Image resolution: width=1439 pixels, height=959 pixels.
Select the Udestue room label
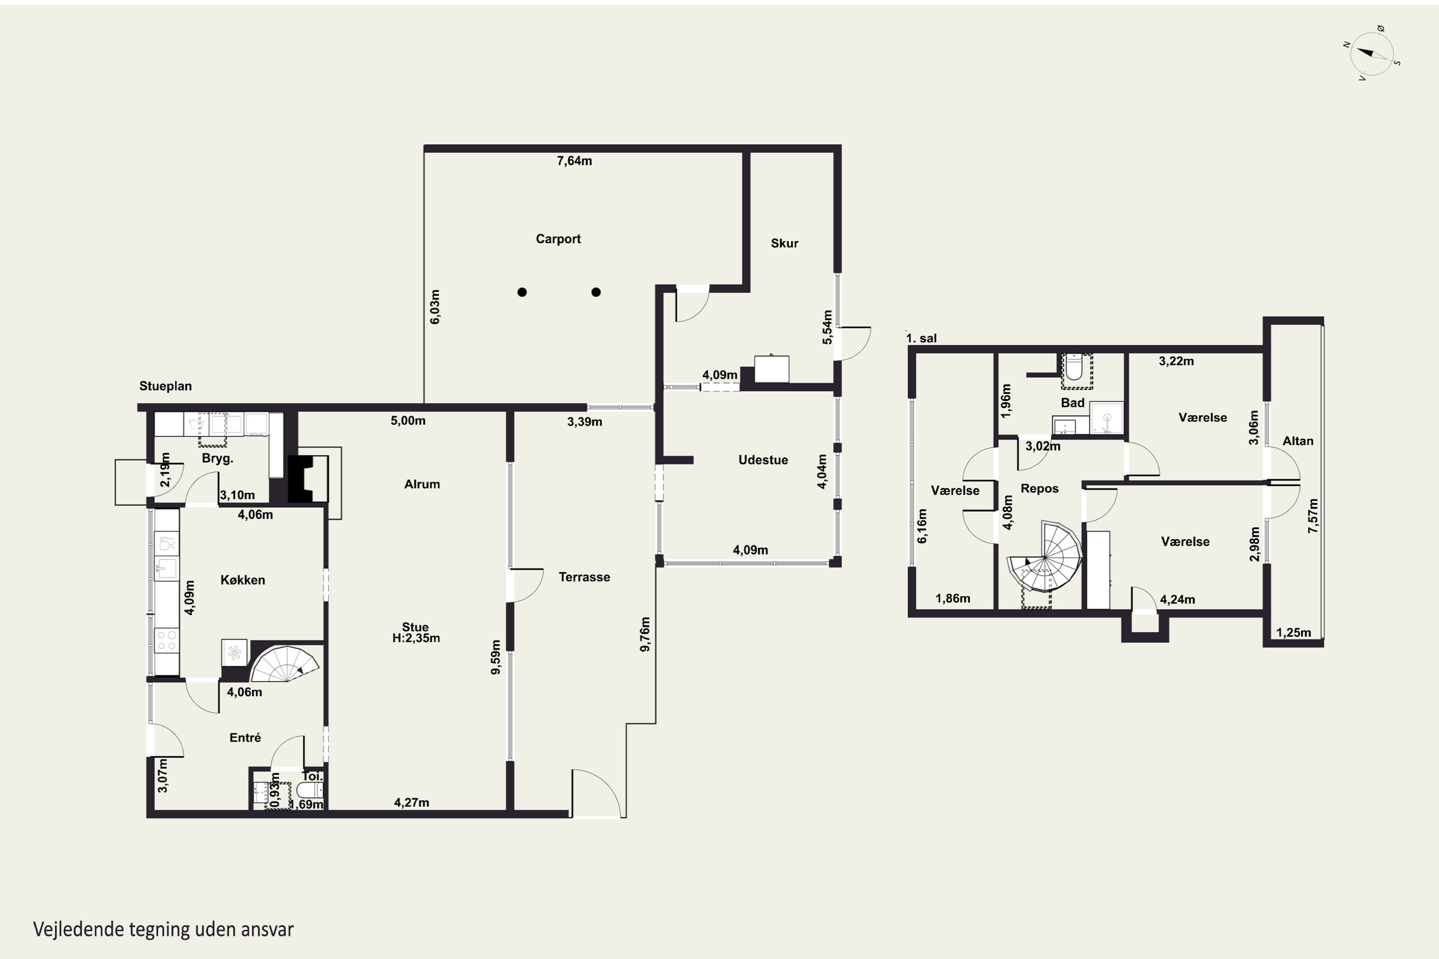point(763,460)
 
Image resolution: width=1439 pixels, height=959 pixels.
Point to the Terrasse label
point(584,577)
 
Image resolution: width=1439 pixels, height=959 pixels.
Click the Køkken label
point(243,580)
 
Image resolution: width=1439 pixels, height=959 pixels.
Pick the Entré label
point(245,737)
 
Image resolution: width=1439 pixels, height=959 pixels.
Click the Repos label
point(1039,489)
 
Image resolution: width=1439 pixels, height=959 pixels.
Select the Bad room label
point(1073,402)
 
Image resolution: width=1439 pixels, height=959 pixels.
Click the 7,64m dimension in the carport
point(574,161)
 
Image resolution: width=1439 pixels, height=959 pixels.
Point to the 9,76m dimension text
point(645,633)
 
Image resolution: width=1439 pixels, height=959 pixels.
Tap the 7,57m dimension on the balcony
point(1313,515)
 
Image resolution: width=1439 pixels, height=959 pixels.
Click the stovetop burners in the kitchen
point(166,640)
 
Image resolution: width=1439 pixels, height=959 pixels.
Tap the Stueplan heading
point(165,386)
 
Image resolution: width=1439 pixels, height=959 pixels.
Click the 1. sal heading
point(921,338)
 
